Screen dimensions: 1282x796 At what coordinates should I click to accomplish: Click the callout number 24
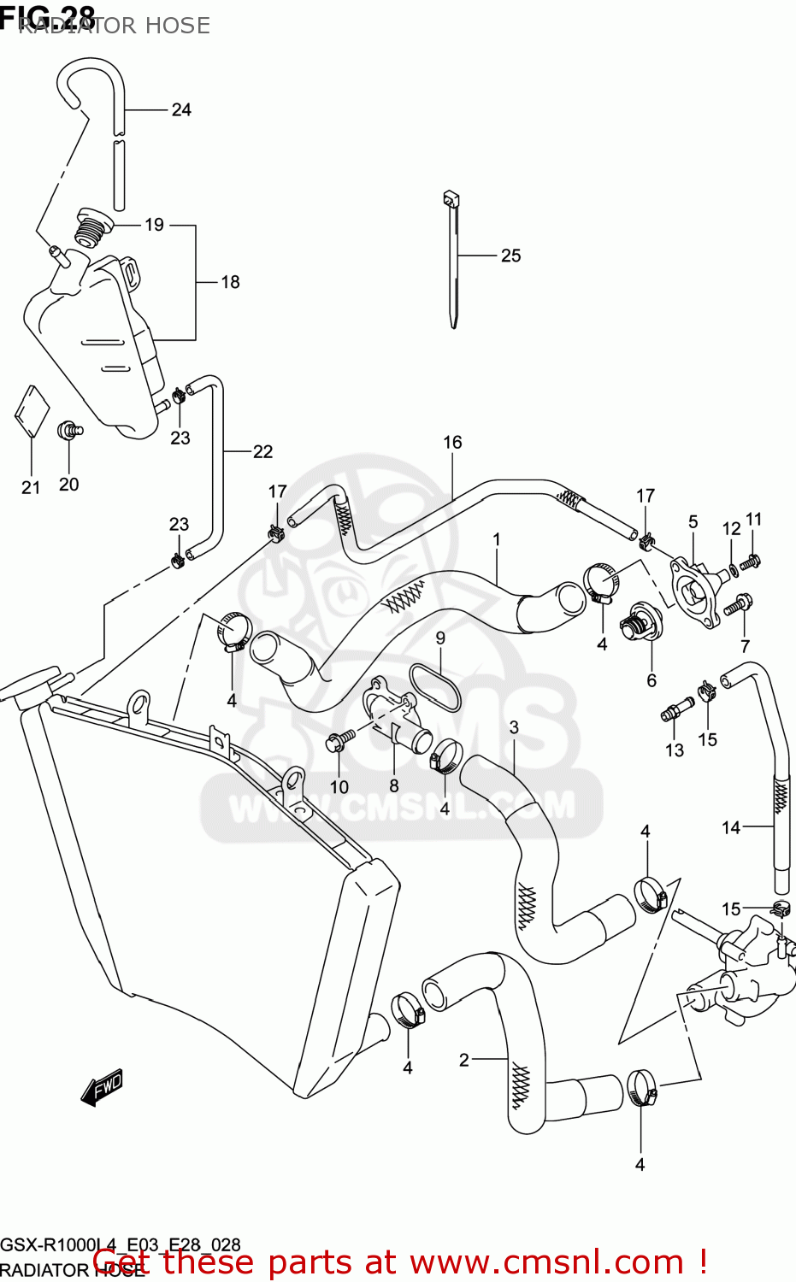click(x=181, y=109)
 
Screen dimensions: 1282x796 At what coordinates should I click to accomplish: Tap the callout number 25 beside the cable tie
click(x=510, y=256)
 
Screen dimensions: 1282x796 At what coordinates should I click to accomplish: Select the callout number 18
click(x=230, y=282)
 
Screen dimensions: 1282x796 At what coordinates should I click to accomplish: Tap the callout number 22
click(x=262, y=451)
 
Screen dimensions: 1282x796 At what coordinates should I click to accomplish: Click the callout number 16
click(x=452, y=442)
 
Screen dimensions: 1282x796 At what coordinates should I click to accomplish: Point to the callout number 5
click(x=693, y=521)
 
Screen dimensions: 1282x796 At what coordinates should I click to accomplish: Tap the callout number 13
click(x=675, y=750)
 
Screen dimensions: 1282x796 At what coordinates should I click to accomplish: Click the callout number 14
click(x=731, y=827)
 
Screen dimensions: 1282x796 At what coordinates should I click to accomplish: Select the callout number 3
click(x=514, y=727)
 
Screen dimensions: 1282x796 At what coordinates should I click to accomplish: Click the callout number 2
click(x=463, y=1060)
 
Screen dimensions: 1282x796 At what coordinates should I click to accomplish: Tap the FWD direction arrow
click(x=103, y=1086)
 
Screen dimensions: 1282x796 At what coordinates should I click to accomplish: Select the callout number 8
click(x=393, y=785)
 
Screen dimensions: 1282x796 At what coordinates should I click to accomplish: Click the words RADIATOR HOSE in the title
click(x=114, y=26)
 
